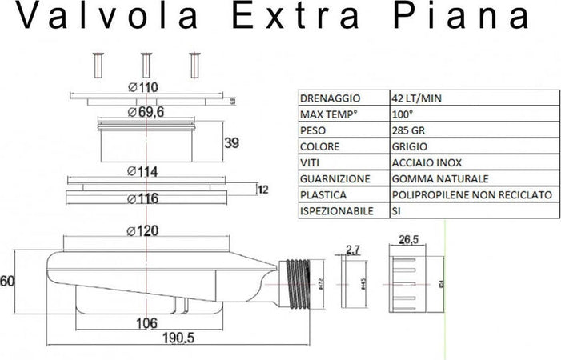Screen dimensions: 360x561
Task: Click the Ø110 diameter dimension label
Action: (x=143, y=87)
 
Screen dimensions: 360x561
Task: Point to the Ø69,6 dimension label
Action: (x=146, y=113)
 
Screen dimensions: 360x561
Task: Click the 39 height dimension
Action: (x=231, y=143)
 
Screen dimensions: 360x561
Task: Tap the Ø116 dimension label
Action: (x=144, y=198)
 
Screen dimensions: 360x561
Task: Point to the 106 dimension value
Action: (x=145, y=322)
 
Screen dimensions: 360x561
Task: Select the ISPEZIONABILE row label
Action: (x=334, y=211)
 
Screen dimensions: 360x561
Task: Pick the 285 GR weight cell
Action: (x=410, y=130)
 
